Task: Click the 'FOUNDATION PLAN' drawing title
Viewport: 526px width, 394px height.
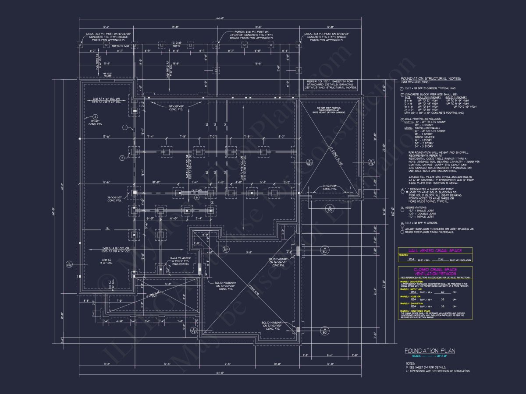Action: tap(430, 351)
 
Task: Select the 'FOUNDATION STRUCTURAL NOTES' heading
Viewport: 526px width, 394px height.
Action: tap(431, 78)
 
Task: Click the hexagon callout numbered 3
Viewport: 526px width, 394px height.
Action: tap(94, 116)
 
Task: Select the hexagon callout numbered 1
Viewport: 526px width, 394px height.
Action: tap(125, 127)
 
